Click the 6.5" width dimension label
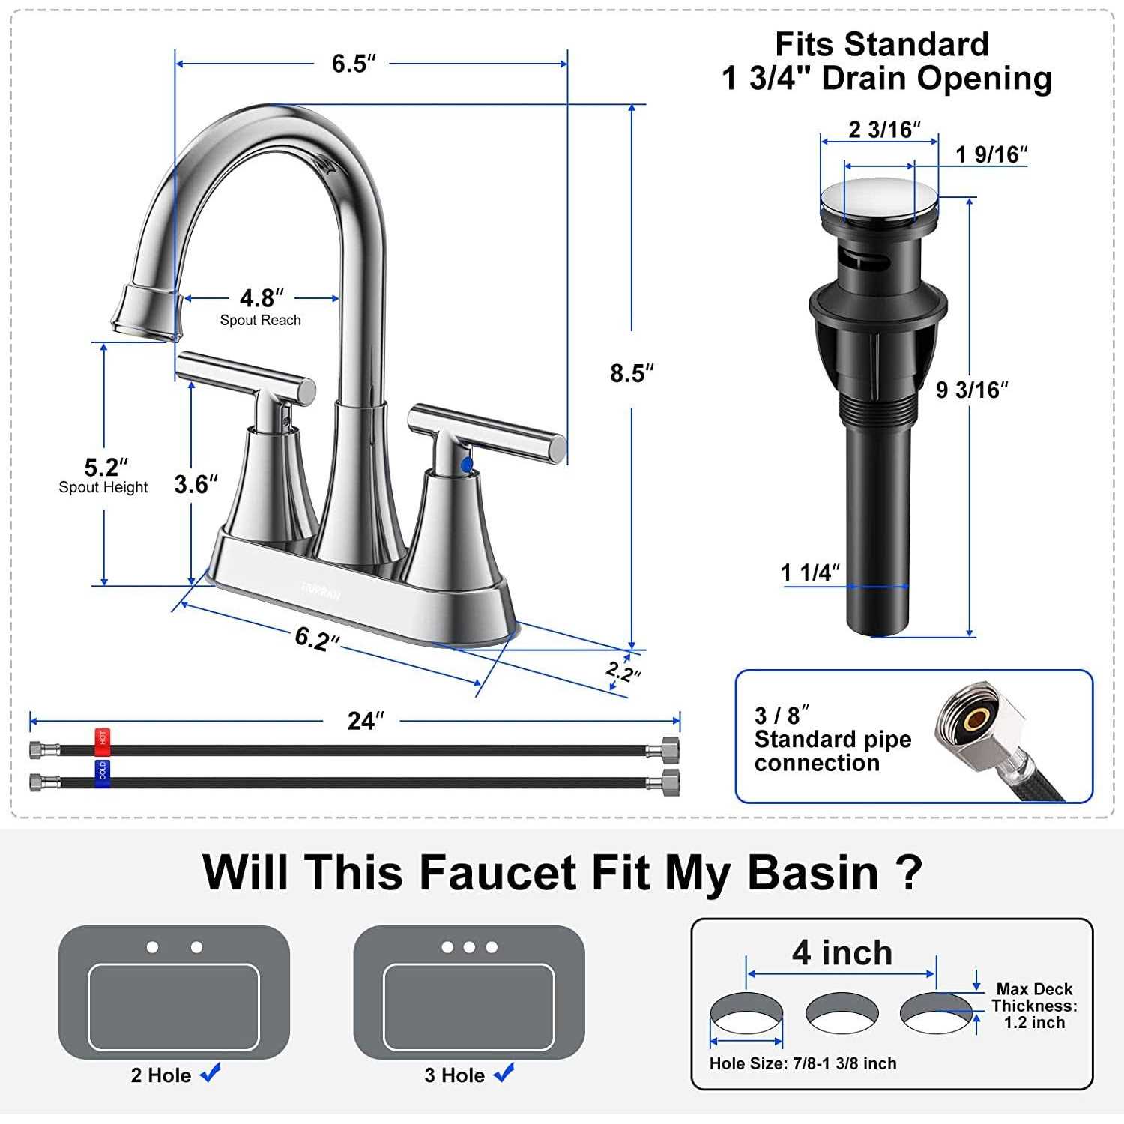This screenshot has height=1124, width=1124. coord(353,64)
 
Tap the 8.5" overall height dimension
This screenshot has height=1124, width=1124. coord(631,372)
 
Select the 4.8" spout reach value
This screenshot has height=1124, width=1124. coord(261,298)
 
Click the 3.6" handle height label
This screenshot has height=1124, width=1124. coord(196,485)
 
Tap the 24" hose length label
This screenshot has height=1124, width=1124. coord(365,721)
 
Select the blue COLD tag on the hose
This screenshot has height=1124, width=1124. coord(102,771)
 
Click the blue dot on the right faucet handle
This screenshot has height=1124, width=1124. coord(467,465)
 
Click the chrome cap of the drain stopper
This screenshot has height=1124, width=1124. coord(879,198)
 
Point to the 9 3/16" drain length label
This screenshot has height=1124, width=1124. coord(971,390)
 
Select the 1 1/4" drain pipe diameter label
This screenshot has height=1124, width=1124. coord(809,572)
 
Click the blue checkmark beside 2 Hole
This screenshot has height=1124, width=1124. coord(211,1073)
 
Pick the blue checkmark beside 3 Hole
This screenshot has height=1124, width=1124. coord(504,1073)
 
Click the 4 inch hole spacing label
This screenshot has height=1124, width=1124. coord(842,952)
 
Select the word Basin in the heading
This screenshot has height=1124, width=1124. coord(812,873)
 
